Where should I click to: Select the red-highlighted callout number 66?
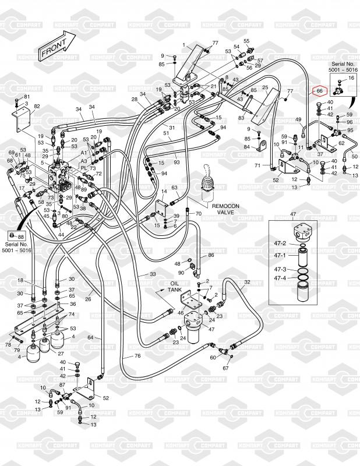(319, 91)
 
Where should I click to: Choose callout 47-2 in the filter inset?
(280, 242)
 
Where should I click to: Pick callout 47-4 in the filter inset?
(280, 278)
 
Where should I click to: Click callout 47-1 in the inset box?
(280, 255)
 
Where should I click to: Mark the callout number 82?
(37, 106)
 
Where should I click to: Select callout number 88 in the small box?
(20, 236)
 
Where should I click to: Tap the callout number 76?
(137, 356)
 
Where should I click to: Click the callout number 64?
(91, 337)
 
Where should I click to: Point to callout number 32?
(247, 282)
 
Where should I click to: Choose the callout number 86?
(211, 255)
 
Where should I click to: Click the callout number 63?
(174, 188)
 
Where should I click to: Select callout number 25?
(265, 88)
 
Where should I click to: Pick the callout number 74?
(72, 314)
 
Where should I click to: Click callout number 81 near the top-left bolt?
(26, 96)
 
